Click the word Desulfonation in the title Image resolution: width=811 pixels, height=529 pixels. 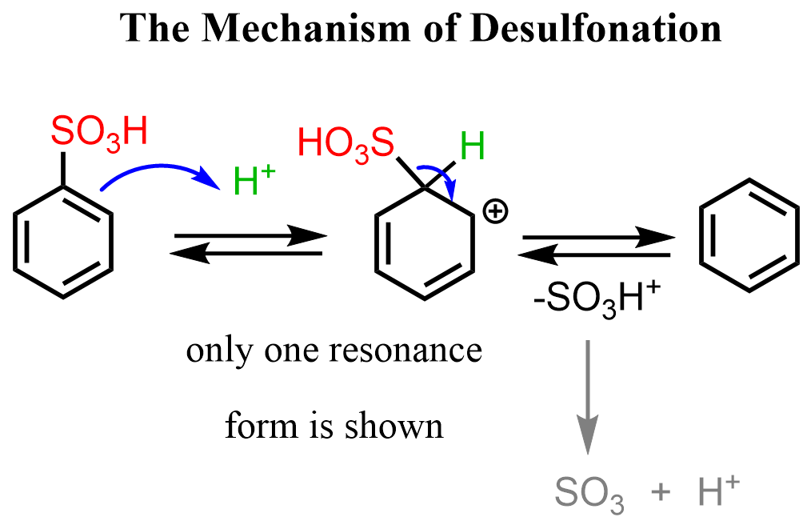tap(596, 29)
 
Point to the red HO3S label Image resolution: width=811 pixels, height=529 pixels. tap(346, 145)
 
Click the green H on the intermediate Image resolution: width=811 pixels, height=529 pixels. tap(472, 148)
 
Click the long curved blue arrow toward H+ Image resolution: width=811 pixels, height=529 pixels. tap(160, 170)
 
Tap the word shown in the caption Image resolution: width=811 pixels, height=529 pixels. tap(403, 426)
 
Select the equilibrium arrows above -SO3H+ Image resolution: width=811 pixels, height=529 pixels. tap(595, 246)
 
